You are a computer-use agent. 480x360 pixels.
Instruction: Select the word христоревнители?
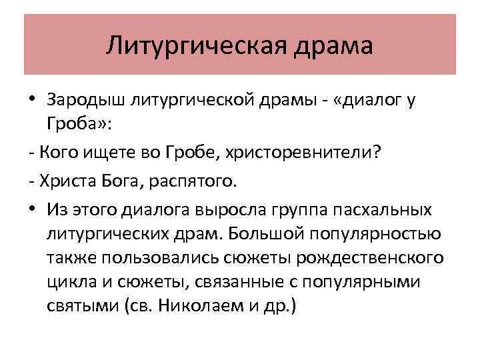(x=307, y=155)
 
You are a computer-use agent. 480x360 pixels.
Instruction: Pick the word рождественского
(x=371, y=257)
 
